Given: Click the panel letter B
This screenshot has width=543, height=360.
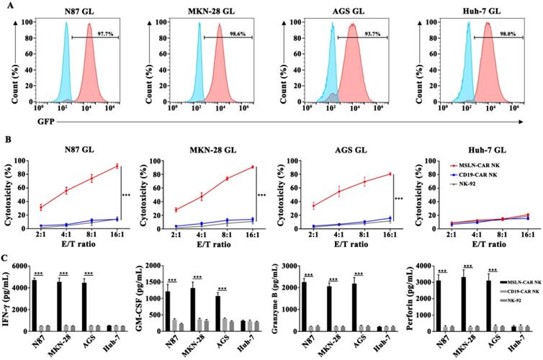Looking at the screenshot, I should tap(11, 135).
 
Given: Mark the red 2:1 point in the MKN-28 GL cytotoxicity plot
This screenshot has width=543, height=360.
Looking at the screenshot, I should tap(175, 210).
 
